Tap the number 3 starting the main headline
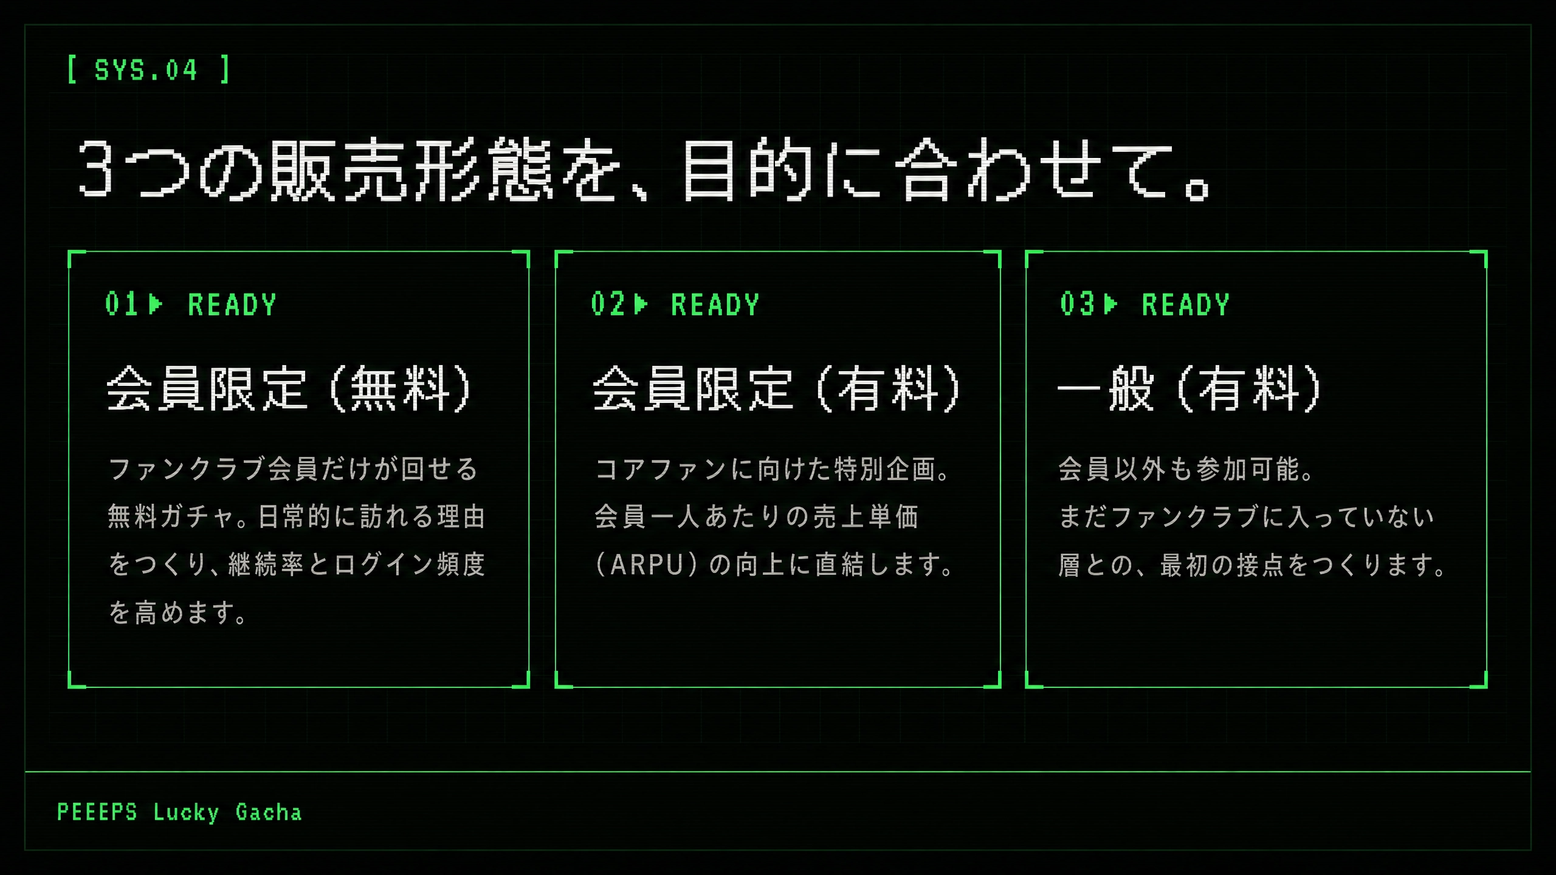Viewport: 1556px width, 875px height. tap(95, 168)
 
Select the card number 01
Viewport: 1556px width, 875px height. tap(121, 304)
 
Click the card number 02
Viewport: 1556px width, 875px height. tap(607, 304)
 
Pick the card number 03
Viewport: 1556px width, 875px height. tap(1077, 304)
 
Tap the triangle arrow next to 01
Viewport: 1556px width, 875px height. tap(156, 304)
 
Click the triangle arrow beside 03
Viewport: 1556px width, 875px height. tap(1110, 304)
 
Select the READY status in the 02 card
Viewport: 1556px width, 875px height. tap(715, 304)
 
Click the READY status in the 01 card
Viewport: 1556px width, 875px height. tap(232, 304)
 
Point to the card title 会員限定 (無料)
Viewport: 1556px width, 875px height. tap(289, 389)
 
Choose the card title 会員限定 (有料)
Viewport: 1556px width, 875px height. tap(777, 389)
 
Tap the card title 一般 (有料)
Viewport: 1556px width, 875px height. tap(1189, 389)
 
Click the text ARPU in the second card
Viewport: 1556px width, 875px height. tap(647, 564)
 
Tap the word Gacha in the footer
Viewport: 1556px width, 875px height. tap(269, 812)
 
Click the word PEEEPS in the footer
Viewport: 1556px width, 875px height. tap(97, 812)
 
